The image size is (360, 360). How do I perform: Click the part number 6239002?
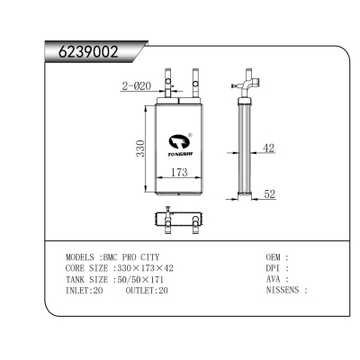83,50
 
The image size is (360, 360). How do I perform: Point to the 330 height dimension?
140,147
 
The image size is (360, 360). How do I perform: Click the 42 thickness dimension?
268,148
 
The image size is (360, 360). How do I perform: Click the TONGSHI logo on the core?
178,142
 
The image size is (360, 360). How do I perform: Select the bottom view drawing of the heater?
177,219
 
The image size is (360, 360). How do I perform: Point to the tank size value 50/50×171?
142,279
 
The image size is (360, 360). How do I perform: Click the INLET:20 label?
85,291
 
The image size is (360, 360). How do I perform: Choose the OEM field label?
275,256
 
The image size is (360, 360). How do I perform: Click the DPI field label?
275,268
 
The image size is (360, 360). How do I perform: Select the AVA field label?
275,279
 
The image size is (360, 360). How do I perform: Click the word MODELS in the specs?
82,256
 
